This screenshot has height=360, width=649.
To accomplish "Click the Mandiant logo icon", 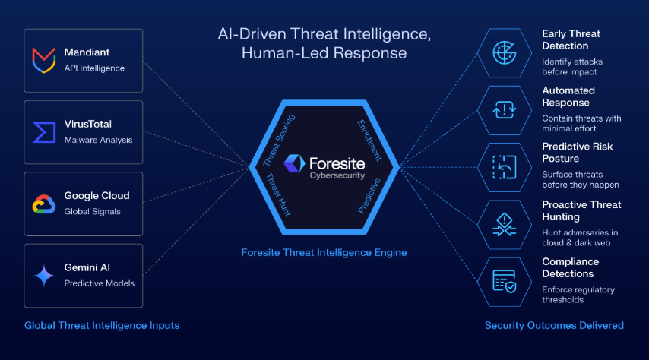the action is pyautogui.click(x=44, y=61).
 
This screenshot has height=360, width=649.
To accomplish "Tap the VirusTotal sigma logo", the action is pyautogui.click(x=44, y=132).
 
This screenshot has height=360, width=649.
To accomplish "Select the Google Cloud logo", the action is pyautogui.click(x=44, y=204).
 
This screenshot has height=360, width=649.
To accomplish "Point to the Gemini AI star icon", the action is pyautogui.click(x=44, y=276).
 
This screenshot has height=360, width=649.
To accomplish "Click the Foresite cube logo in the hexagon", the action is pyautogui.click(x=294, y=163).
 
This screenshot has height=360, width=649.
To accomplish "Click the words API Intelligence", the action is pyautogui.click(x=94, y=68).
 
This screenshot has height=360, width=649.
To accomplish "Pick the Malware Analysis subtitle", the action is pyautogui.click(x=99, y=140).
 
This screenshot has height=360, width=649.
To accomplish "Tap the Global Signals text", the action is pyautogui.click(x=92, y=211).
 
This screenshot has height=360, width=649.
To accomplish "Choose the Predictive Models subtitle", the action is pyautogui.click(x=100, y=283).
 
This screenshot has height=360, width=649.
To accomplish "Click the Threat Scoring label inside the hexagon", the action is pyautogui.click(x=279, y=140).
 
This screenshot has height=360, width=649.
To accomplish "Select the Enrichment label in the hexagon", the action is pyautogui.click(x=369, y=141).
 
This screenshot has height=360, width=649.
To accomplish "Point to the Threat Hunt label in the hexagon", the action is pyautogui.click(x=277, y=194).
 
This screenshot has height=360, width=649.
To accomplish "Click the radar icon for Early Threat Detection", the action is pyautogui.click(x=504, y=53).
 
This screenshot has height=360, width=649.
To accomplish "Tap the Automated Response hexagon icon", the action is pyautogui.click(x=504, y=110).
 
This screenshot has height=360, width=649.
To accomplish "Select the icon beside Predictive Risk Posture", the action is pyautogui.click(x=504, y=167).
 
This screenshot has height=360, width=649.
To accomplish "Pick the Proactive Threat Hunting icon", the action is pyautogui.click(x=504, y=225).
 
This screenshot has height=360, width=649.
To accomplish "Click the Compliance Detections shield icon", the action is pyautogui.click(x=504, y=281).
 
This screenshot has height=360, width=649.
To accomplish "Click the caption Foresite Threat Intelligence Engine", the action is pyautogui.click(x=324, y=252).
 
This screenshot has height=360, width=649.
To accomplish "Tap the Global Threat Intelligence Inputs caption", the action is pyautogui.click(x=102, y=325).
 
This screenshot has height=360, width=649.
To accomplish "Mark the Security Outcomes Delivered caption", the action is pyautogui.click(x=554, y=325).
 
